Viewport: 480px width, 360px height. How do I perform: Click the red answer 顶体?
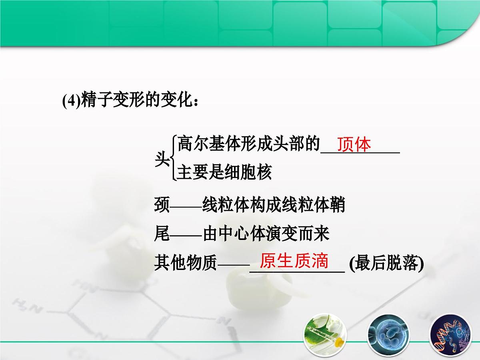(x=354, y=145)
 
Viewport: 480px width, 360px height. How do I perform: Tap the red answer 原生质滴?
(x=294, y=261)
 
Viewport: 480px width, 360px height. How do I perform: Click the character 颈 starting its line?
(x=162, y=206)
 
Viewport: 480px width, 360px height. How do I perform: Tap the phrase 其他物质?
(x=185, y=264)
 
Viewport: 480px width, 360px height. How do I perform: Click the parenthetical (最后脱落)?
(x=386, y=264)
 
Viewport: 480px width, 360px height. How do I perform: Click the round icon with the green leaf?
(x=325, y=334)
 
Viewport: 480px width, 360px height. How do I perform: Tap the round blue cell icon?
(x=386, y=334)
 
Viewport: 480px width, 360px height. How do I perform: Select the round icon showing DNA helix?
(x=447, y=334)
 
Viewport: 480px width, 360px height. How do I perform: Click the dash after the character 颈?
(x=186, y=207)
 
